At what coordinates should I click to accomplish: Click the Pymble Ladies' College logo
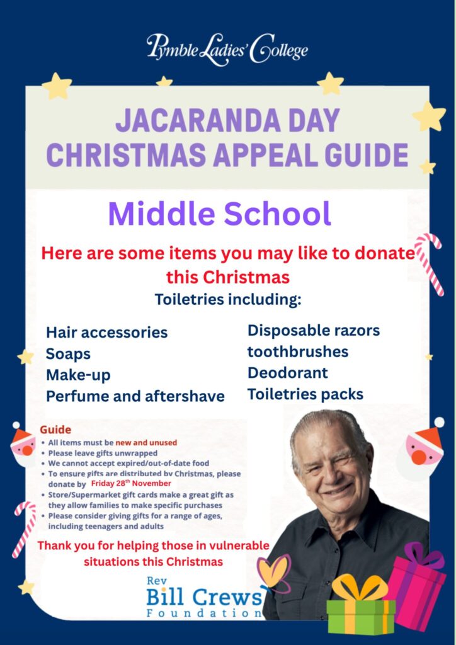[x=227, y=49]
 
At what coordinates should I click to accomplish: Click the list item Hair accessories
[x=106, y=332]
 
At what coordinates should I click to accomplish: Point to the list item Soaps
[x=68, y=354]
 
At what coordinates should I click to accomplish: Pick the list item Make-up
[x=78, y=375]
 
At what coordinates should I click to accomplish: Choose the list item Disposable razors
[x=314, y=331]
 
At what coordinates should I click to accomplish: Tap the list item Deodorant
[x=287, y=373]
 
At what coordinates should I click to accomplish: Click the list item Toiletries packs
[x=305, y=394]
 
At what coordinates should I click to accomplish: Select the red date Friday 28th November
[x=131, y=483]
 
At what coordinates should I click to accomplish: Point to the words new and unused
[x=146, y=442]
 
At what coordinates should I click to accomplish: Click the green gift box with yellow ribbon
[x=361, y=610]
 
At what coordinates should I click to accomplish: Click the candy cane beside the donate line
[x=430, y=263]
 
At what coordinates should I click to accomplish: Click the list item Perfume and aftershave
[x=135, y=396]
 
